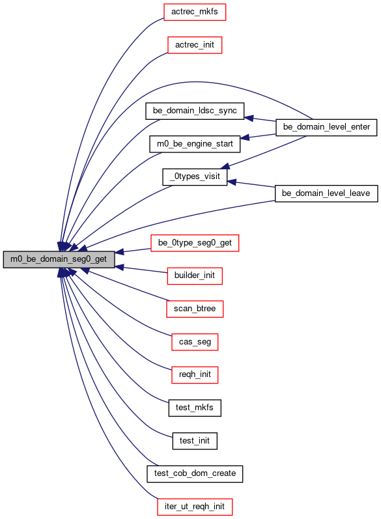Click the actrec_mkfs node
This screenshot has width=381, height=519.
click(x=195, y=12)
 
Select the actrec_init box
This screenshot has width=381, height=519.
click(x=195, y=45)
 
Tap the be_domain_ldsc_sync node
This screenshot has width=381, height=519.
click(x=195, y=111)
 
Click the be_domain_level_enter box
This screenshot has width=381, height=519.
click(x=326, y=128)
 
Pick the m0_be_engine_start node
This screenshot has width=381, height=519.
click(x=195, y=144)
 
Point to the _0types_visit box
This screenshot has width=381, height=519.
click(x=195, y=176)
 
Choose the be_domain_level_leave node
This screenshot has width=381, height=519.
click(x=326, y=193)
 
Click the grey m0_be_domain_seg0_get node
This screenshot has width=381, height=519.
click(x=59, y=259)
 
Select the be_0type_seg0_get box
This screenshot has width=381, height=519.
click(x=195, y=243)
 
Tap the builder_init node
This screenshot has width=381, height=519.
click(x=195, y=275)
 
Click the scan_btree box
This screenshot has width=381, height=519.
click(x=195, y=309)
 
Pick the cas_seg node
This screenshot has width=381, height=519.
click(x=195, y=342)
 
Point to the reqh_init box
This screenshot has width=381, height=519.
click(x=195, y=374)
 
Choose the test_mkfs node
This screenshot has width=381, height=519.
click(x=195, y=408)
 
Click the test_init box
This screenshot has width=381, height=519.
click(x=195, y=441)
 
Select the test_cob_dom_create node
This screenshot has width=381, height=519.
click(x=195, y=473)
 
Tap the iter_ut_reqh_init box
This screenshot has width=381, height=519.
click(x=195, y=507)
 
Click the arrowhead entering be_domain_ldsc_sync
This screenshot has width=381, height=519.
click(x=249, y=118)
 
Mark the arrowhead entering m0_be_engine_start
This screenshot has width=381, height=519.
click(x=245, y=137)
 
